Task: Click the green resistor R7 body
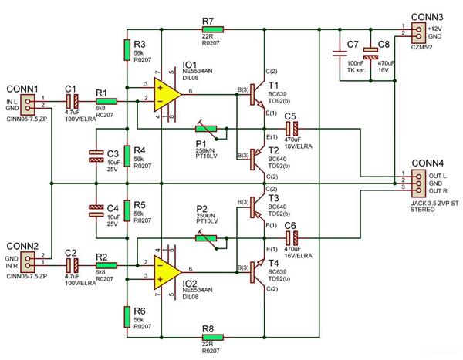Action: pos(212,29)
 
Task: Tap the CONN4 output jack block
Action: pos(417,183)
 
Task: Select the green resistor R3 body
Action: pos(127,50)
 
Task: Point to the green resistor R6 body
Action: pos(127,316)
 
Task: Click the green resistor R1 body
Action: pos(106,102)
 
